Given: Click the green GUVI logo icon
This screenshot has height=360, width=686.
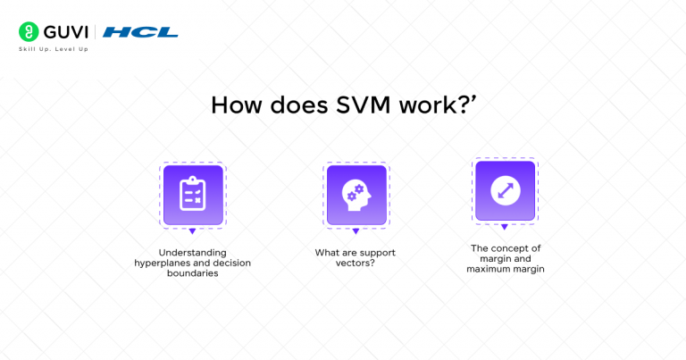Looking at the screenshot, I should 27,32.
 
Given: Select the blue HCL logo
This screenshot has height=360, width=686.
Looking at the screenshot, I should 140,32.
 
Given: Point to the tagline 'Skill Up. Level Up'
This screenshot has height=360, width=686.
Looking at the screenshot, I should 54,49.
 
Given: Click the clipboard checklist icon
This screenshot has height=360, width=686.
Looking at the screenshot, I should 193,194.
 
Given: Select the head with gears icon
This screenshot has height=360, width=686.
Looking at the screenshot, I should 356,194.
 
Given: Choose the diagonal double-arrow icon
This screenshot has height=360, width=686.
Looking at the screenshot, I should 505,189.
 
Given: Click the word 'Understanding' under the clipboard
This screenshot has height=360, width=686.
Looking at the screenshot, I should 193,253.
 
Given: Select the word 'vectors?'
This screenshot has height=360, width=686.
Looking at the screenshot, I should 356,264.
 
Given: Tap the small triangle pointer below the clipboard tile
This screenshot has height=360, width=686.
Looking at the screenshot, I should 193,231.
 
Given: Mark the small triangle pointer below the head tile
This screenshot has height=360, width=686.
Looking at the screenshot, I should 356,231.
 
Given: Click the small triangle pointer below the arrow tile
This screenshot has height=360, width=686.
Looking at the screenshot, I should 505,227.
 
